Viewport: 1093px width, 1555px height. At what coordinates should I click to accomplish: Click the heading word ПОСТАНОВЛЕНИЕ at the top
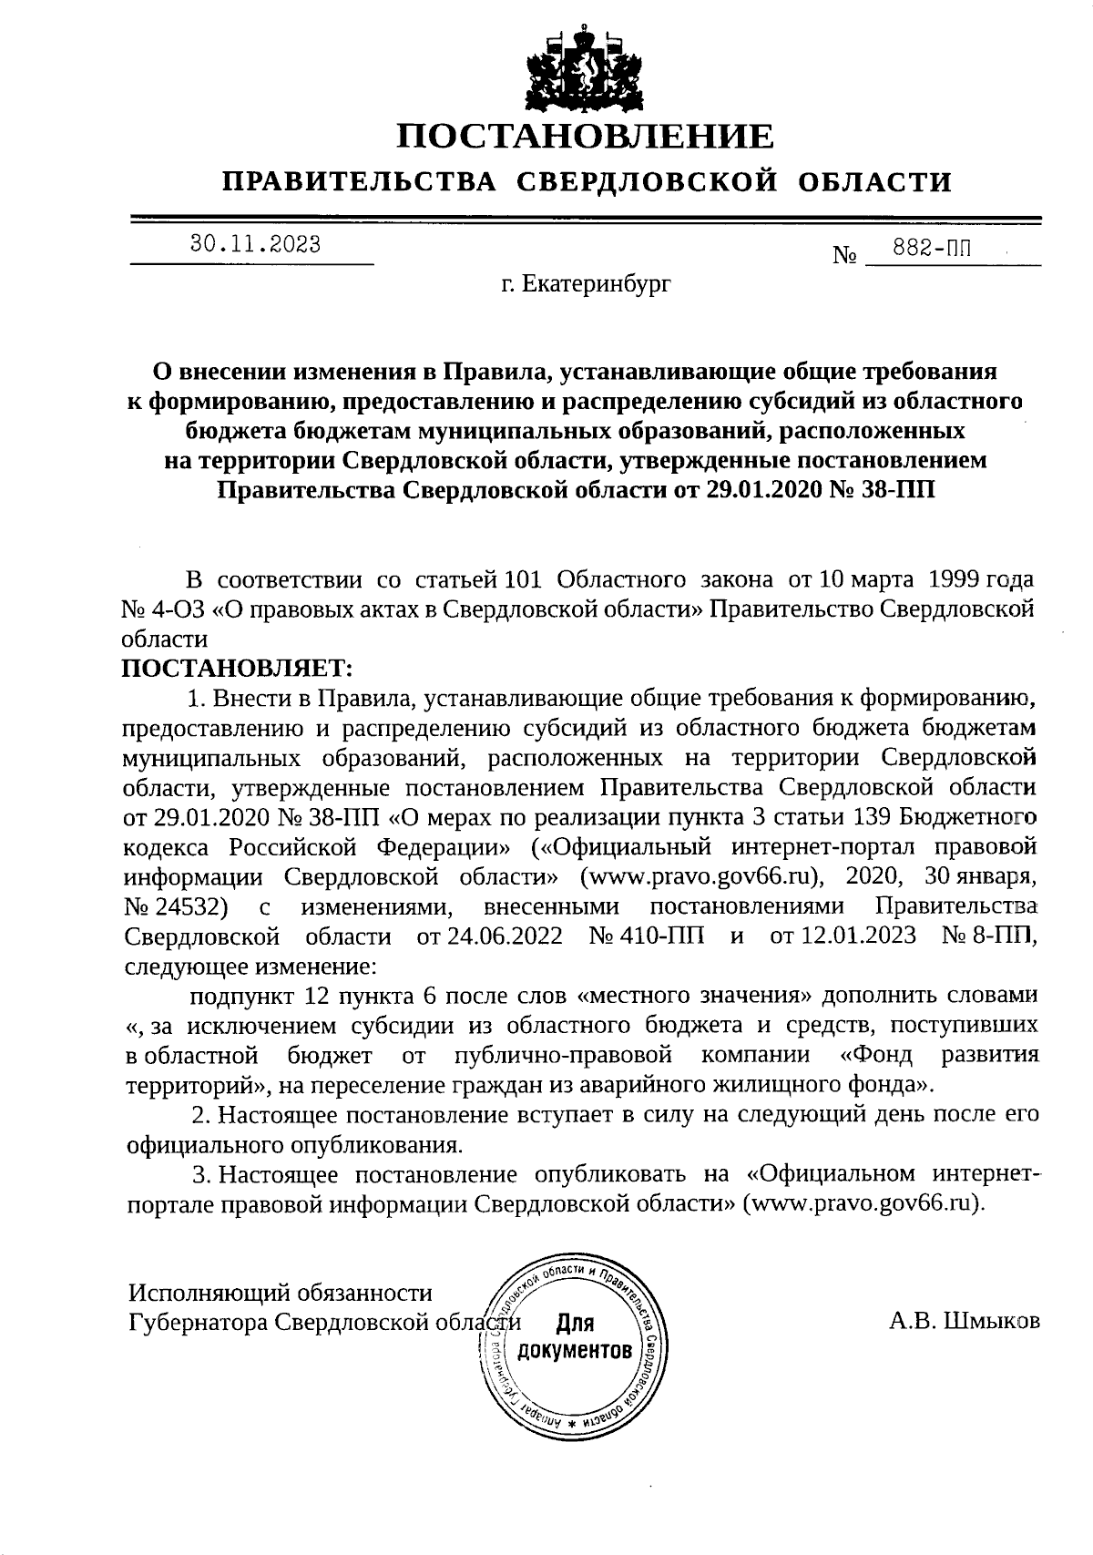coord(586,137)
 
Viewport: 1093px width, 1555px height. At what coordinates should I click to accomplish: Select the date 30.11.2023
coord(255,243)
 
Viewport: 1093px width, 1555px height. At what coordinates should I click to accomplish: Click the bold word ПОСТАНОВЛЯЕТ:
coord(237,669)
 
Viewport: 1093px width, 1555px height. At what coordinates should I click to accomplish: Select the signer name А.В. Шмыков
coord(965,1321)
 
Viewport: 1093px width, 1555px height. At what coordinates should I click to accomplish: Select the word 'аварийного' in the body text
coord(628,1085)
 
